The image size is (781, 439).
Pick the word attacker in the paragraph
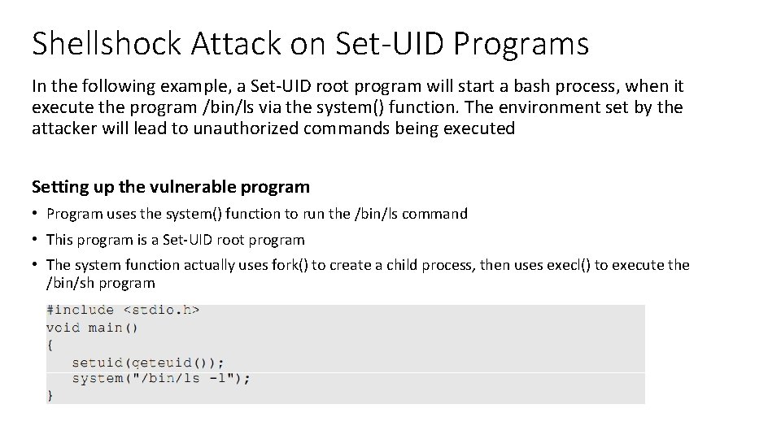[x=66, y=128]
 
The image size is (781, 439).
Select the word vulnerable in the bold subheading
[x=194, y=187]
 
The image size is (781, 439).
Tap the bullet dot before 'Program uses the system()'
[x=36, y=215]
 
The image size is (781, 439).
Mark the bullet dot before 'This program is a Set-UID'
[x=36, y=241]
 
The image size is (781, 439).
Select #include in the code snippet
[x=80, y=310]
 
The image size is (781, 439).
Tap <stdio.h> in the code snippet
[x=161, y=310]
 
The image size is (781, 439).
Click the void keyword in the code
[x=63, y=328]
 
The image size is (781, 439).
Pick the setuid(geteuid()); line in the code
[x=147, y=362]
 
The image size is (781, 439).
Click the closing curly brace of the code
[x=50, y=395]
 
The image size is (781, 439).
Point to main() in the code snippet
[x=113, y=328]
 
